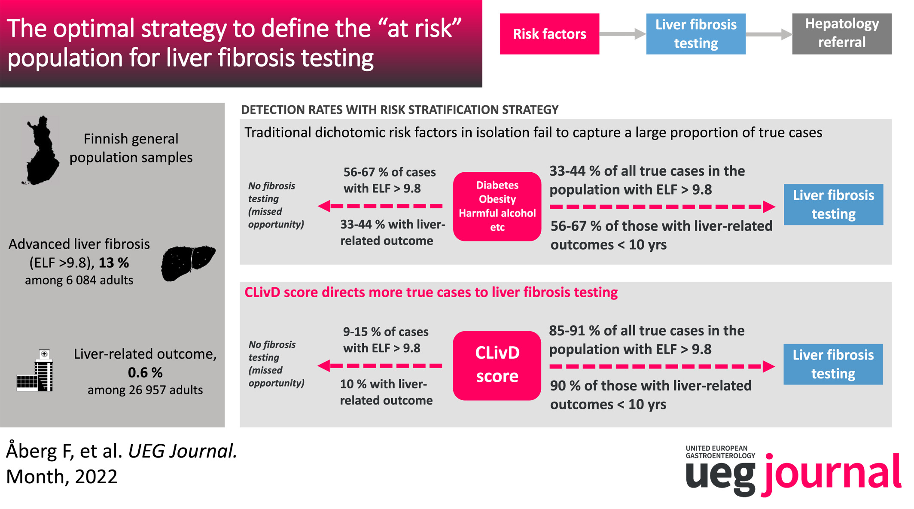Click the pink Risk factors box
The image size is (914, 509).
(549, 34)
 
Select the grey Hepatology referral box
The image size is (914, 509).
(842, 34)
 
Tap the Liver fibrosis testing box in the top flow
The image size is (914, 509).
(696, 34)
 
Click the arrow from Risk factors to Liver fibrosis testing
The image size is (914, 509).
(623, 34)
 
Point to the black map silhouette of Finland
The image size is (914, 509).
(41, 150)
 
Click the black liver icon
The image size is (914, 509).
(188, 263)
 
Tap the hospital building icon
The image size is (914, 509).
(35, 371)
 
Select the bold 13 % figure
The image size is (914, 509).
(114, 262)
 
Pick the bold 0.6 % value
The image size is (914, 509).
(145, 372)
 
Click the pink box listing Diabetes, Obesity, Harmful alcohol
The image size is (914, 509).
(497, 207)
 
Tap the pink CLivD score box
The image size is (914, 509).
(497, 366)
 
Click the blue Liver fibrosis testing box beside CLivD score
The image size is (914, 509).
(833, 364)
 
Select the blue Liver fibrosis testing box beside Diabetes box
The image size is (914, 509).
(834, 204)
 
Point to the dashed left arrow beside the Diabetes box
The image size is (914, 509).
(380, 206)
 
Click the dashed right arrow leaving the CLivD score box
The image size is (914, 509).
(662, 366)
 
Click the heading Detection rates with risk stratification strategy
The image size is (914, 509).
(400, 110)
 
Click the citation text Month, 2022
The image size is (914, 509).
(62, 476)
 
